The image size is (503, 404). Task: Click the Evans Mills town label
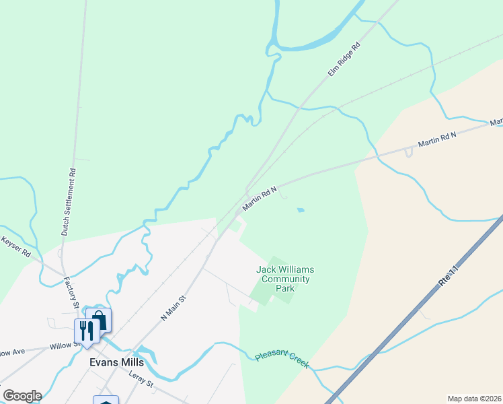pyautogui.click(x=116, y=362)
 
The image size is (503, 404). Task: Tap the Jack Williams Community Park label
pyautogui.click(x=285, y=279)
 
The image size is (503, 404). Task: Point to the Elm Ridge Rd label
pyautogui.click(x=344, y=59)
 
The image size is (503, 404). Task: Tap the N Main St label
pyautogui.click(x=173, y=305)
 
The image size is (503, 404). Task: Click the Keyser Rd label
pyautogui.click(x=16, y=246)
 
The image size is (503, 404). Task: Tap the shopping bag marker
pyautogui.click(x=99, y=320)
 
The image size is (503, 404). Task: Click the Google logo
pyautogui.click(x=22, y=396)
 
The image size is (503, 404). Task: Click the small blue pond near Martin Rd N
pyautogui.click(x=301, y=210)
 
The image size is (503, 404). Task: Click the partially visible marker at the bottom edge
pyautogui.click(x=106, y=401)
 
